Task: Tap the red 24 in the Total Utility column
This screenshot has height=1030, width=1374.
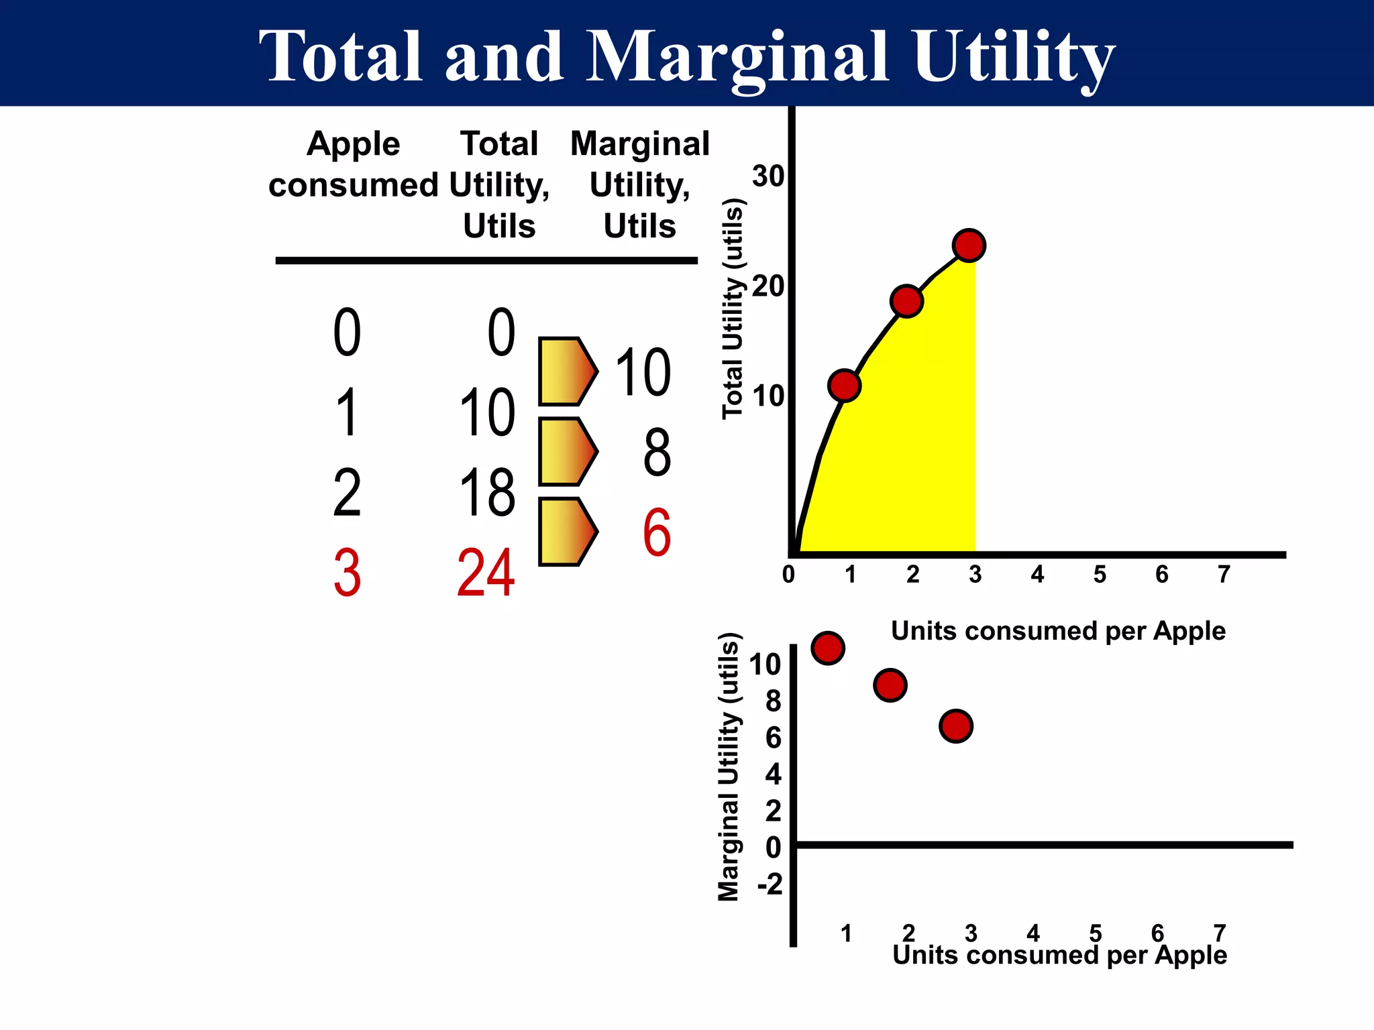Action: (x=486, y=573)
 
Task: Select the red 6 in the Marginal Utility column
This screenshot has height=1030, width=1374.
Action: (x=657, y=533)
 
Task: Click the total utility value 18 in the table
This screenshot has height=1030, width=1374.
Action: (x=487, y=493)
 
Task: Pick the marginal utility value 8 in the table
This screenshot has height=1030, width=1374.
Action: (x=657, y=453)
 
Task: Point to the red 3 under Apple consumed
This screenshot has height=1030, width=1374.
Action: (x=347, y=573)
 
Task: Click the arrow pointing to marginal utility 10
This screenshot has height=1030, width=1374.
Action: (x=568, y=371)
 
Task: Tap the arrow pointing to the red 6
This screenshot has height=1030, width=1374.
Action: (x=568, y=532)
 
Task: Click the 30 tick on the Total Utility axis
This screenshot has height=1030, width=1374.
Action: (x=768, y=176)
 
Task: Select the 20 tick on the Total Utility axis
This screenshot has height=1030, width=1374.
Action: (x=768, y=286)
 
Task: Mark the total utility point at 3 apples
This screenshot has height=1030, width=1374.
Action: (x=969, y=245)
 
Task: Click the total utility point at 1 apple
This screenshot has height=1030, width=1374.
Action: (x=844, y=385)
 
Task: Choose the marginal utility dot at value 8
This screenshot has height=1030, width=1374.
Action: (x=890, y=685)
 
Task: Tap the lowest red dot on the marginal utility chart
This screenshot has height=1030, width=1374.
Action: (x=956, y=726)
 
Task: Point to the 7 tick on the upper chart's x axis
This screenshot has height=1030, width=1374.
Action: (x=1224, y=575)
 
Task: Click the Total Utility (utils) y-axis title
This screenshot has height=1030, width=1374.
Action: (x=733, y=309)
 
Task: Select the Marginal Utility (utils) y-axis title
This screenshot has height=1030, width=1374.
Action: (x=729, y=767)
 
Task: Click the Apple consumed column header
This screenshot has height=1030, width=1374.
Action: (x=354, y=164)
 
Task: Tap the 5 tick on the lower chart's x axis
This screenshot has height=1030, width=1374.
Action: (x=1095, y=933)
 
